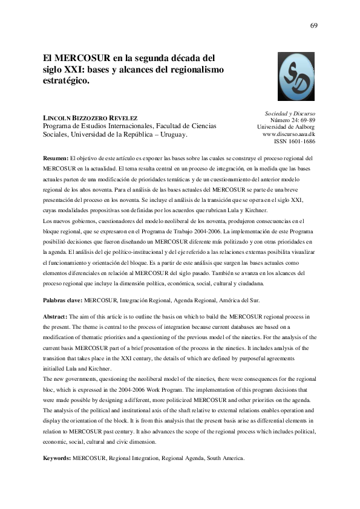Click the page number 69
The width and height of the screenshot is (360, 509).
point(313,26)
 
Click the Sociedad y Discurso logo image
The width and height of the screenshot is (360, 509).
point(296,76)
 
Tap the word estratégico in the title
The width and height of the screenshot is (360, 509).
point(65,80)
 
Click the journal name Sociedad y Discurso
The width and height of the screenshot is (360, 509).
point(290,114)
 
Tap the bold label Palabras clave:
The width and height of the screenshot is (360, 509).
point(63,300)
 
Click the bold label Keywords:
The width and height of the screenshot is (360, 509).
point(57,459)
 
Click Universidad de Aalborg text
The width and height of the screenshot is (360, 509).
point(286,127)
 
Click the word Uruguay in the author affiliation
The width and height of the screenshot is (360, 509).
point(171,135)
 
